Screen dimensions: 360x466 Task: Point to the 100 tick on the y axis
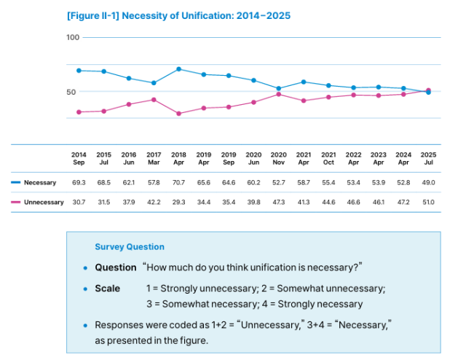pos(72,37)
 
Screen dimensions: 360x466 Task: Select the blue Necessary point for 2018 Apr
pos(178,69)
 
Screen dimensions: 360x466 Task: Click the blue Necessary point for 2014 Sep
pos(79,71)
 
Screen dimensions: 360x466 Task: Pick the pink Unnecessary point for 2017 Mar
pos(154,99)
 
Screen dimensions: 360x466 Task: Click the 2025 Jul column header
pos(429,158)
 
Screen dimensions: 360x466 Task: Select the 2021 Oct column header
pos(329,158)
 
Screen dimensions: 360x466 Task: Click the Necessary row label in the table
pos(40,183)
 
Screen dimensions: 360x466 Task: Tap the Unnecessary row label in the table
pos(44,202)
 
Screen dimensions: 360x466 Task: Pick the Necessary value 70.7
pos(178,183)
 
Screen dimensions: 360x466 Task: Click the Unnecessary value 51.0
pos(429,202)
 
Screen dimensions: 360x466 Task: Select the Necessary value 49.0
pos(429,183)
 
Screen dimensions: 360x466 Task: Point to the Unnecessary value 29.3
pos(178,202)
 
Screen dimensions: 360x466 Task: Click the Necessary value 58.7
pos(304,183)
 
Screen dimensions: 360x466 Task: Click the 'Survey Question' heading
pos(130,247)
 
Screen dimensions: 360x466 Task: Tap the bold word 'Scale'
pos(108,289)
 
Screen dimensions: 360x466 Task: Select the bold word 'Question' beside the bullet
pos(116,267)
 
